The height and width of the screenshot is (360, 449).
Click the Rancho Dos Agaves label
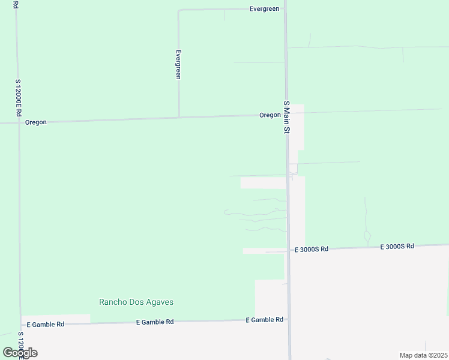[x=136, y=302]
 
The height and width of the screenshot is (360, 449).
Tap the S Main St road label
[x=287, y=117]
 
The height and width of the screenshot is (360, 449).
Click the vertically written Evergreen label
[x=178, y=64]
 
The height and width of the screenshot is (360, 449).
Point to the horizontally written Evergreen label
[x=265, y=9]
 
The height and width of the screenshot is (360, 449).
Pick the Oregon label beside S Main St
[x=270, y=115]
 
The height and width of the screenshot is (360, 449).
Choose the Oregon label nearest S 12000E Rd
[x=35, y=122]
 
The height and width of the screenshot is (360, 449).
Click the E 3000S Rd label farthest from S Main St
[x=398, y=246]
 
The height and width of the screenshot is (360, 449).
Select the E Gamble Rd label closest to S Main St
[x=264, y=320]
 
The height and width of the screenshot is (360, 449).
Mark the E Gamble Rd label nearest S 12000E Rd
[x=45, y=324]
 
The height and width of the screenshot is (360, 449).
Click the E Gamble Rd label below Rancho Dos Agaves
[x=155, y=322]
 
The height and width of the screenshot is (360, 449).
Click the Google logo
[x=20, y=353]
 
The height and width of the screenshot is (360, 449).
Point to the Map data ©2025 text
[x=423, y=355]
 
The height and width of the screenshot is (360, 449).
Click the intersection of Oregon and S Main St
[x=286, y=115]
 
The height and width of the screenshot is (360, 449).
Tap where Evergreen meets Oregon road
[x=179, y=118]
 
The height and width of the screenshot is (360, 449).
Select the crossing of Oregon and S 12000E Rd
[x=19, y=123]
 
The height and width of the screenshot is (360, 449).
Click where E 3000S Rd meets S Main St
[x=288, y=250]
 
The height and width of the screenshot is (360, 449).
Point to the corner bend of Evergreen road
[x=178, y=10]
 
